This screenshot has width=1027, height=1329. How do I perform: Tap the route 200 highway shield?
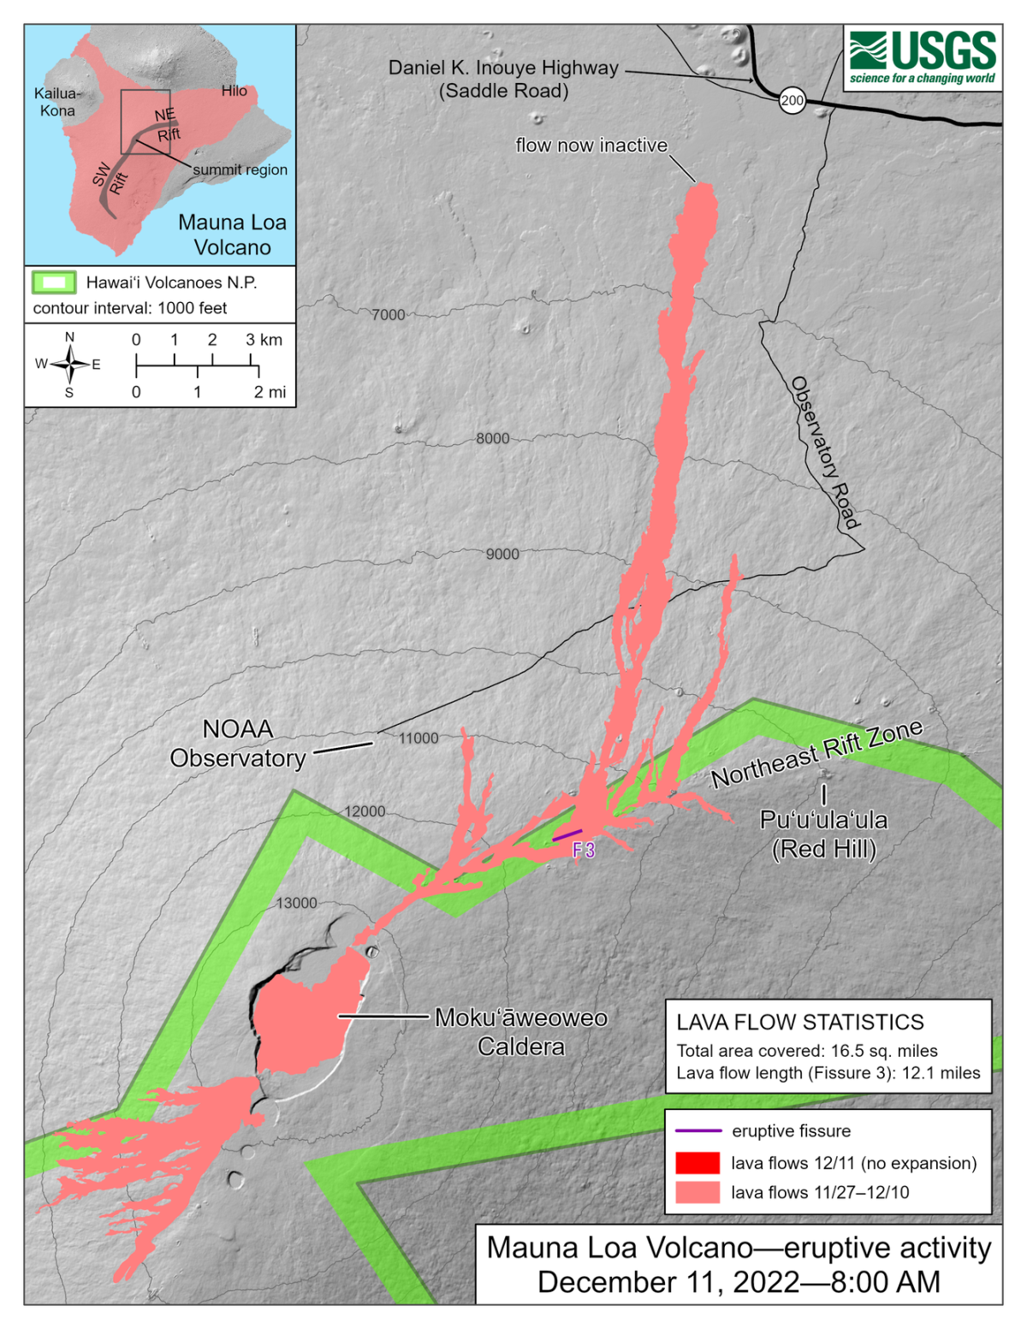click(793, 100)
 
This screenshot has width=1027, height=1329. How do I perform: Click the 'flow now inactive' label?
click(591, 145)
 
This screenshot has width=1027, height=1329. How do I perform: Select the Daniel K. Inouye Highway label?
click(503, 79)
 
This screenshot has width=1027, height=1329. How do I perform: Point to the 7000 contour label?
click(388, 315)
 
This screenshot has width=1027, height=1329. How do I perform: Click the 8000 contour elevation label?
click(492, 438)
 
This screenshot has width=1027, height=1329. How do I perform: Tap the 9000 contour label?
click(502, 554)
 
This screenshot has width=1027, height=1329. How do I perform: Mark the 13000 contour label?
click(296, 903)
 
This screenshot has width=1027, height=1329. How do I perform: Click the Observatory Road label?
click(824, 453)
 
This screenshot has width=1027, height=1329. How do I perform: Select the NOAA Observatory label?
click(238, 744)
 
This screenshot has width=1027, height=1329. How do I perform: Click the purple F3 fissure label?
click(584, 850)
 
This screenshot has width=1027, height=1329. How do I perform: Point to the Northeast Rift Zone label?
click(817, 753)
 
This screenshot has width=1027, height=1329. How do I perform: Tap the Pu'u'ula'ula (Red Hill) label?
click(823, 834)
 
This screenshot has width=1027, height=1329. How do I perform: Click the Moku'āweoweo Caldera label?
click(521, 1032)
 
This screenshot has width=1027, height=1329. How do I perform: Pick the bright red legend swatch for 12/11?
click(698, 1163)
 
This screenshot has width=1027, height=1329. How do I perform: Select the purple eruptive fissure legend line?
click(698, 1131)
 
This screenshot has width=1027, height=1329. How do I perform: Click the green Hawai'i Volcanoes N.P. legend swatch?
click(54, 282)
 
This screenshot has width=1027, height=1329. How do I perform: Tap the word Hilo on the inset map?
click(234, 91)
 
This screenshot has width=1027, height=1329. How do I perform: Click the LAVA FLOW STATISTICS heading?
click(799, 1023)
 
